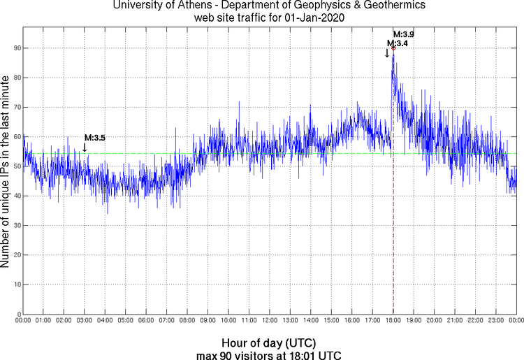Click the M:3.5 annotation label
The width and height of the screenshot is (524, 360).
click(95, 138)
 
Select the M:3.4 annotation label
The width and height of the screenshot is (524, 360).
click(398, 43)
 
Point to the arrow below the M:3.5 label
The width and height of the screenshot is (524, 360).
click(85, 147)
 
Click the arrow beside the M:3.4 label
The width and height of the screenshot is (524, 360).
click(387, 52)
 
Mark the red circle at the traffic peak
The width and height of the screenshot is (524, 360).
click(393, 48)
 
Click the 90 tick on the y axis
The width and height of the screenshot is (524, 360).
click(17, 48)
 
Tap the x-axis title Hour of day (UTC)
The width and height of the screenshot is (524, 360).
click(269, 343)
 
